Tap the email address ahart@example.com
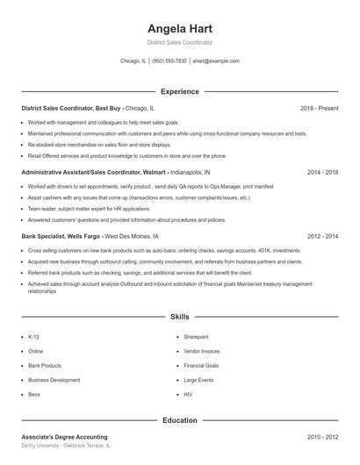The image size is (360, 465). (x=215, y=61)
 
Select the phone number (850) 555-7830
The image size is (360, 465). (x=169, y=61)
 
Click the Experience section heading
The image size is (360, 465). (x=179, y=91)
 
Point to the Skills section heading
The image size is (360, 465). (x=179, y=316)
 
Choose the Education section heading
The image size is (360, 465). (x=179, y=420)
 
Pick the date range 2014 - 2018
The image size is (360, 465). (x=322, y=172)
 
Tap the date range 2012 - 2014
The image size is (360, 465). (x=322, y=236)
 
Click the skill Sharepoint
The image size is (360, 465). (x=196, y=337)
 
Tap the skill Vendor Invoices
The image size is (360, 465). (x=201, y=351)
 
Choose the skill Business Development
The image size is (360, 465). (x=54, y=380)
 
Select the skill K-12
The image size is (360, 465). (x=33, y=337)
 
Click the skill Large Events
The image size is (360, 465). (x=198, y=380)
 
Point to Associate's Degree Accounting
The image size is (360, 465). (x=64, y=436)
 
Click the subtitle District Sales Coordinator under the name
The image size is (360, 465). (x=179, y=42)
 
